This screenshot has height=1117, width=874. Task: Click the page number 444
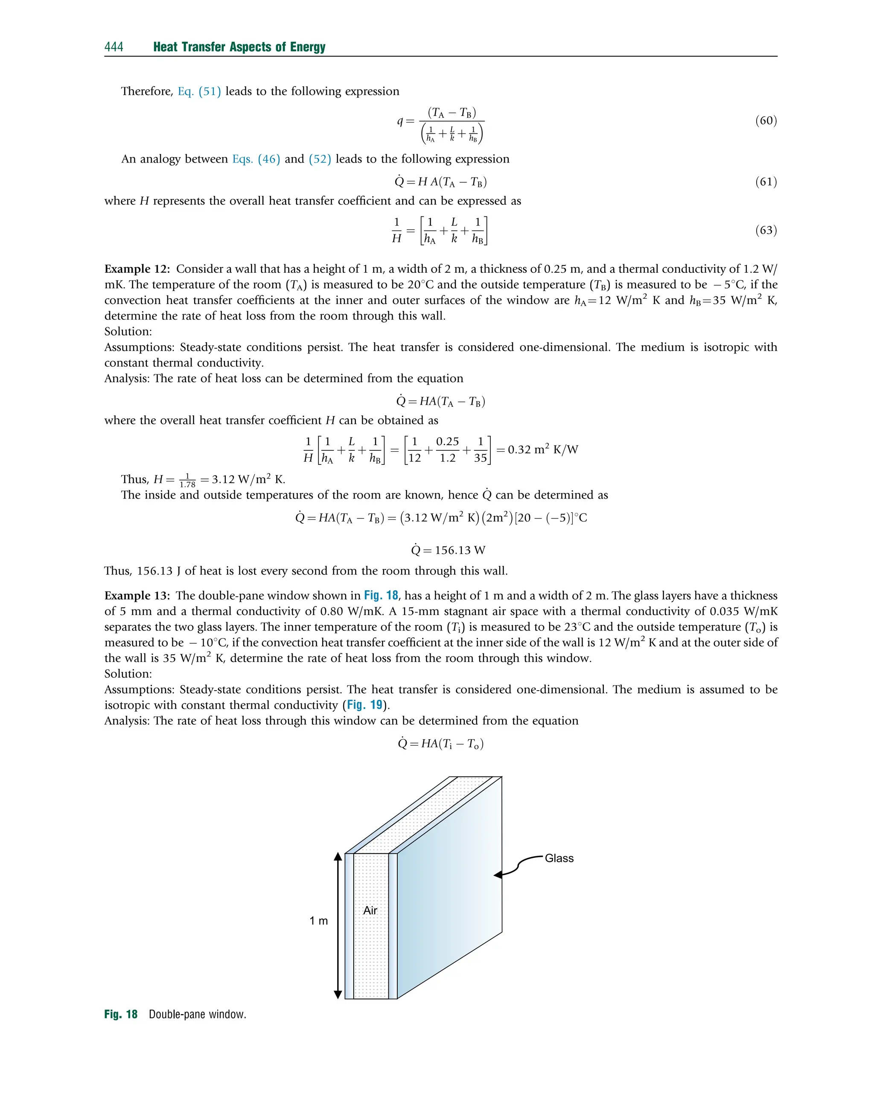click(x=114, y=47)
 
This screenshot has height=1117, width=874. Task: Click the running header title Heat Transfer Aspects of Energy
click(x=239, y=47)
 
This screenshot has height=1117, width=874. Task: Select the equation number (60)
click(x=766, y=121)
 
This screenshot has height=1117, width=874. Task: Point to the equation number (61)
click(x=766, y=182)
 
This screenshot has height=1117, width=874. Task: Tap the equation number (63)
click(x=766, y=230)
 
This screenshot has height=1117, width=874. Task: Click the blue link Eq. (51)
click(x=199, y=92)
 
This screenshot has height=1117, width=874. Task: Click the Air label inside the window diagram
click(x=370, y=910)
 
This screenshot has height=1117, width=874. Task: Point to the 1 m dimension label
click(x=318, y=921)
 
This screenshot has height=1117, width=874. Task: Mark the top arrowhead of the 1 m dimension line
click(x=338, y=857)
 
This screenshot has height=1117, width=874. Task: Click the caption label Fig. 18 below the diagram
click(x=121, y=1015)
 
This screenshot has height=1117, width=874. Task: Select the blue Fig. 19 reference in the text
click(x=364, y=705)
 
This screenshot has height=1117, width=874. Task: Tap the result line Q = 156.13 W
click(x=448, y=551)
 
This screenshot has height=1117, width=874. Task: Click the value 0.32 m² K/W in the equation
click(x=542, y=450)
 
